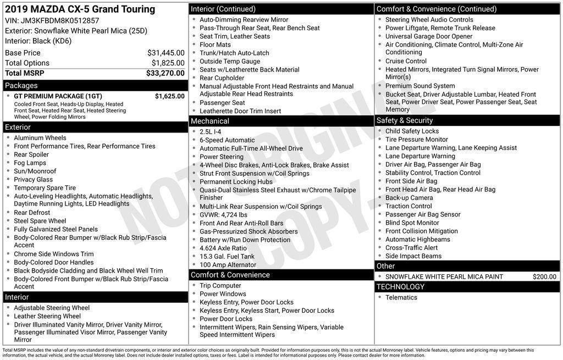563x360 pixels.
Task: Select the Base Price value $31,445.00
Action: pos(165,53)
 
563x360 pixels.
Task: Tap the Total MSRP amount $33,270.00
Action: pos(165,73)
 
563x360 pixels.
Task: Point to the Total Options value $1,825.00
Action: pos(168,63)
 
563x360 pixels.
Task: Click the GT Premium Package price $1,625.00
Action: pos(169,96)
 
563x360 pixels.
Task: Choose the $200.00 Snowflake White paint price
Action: pos(544,277)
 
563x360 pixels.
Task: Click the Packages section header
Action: pos(21,86)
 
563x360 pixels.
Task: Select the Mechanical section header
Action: pos(210,121)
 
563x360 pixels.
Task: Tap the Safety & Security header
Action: pos(405,120)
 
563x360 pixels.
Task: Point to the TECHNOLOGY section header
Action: pos(400,287)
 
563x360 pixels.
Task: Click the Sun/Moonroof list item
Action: pos(35,171)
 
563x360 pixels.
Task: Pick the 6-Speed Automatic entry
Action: pos(227,140)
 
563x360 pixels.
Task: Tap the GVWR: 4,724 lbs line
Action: pos(223,215)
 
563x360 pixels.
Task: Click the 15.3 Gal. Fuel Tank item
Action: pos(227,257)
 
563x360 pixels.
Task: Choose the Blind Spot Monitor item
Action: pos(412,223)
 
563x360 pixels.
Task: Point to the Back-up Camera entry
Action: pos(409,198)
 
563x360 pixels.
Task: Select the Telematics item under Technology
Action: pos(401,298)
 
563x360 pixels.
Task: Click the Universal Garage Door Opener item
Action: pos(429,36)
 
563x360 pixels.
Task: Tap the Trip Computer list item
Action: pos(220,286)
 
